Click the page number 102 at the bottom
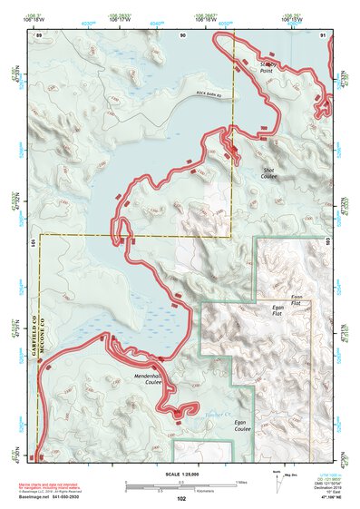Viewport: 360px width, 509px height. coord(181,498)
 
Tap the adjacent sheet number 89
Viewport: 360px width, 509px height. coord(39,34)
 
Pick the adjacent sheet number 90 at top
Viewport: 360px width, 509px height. coord(183,34)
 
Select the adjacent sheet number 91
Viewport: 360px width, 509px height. coord(324,34)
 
